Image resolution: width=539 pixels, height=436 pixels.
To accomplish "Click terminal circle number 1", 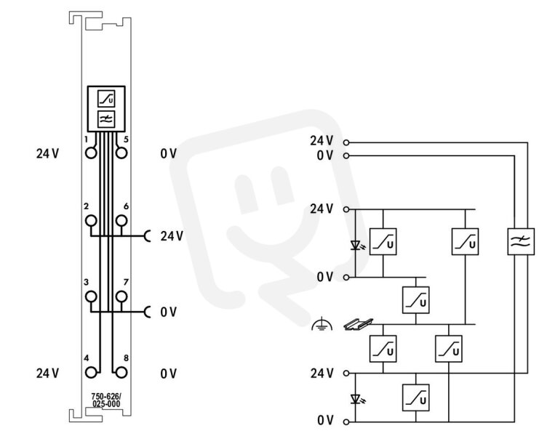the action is [x=91, y=153].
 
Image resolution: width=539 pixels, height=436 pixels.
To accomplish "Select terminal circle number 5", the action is [x=121, y=153].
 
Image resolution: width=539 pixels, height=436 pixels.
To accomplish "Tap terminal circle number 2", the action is [x=91, y=220].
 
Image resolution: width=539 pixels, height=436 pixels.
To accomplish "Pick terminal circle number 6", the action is [x=121, y=220].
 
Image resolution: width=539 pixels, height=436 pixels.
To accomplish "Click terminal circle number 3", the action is [x=91, y=296].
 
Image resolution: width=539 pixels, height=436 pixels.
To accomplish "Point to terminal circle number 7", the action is [x=121, y=296].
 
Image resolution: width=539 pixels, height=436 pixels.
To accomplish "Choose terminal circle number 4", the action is [x=91, y=373].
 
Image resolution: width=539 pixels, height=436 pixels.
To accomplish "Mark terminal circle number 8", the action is [x=121, y=373].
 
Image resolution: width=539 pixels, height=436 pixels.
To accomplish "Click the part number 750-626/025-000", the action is [x=106, y=400].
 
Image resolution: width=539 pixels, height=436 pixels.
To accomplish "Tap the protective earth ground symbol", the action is [x=322, y=324].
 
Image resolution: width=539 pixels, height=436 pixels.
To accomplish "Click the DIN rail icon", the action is [x=359, y=324].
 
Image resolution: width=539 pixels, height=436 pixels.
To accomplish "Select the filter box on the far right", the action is [x=521, y=241].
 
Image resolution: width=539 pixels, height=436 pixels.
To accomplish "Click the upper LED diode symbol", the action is [x=356, y=245].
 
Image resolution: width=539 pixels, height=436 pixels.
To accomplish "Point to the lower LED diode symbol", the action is [x=356, y=399].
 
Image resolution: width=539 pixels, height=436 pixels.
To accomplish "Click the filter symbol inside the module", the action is [x=106, y=119].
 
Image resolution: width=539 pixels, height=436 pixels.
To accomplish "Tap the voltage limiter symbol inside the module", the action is [x=106, y=99].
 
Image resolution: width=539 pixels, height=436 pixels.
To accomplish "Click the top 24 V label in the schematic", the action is [x=322, y=140].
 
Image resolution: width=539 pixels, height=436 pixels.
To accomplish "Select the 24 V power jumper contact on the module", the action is [x=148, y=236].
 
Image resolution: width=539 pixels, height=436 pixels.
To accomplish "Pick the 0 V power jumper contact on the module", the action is [x=148, y=312].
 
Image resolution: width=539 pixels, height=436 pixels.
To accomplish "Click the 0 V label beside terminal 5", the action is [x=169, y=153].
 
